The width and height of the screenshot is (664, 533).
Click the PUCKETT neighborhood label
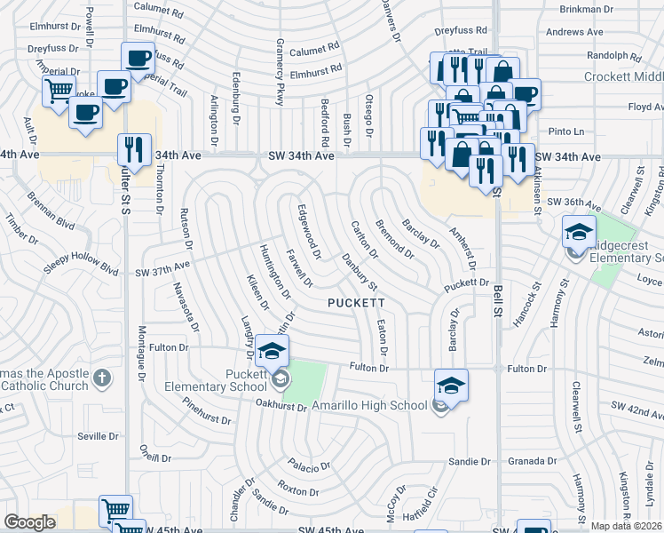pos(354,303)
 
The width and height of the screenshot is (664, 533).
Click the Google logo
pos(30,522)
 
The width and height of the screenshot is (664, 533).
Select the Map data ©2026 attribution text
pos(627,526)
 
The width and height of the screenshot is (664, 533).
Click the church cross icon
pos(102,379)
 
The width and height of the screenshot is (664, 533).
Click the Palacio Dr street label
pos(308,465)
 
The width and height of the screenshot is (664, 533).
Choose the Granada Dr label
pos(533,462)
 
